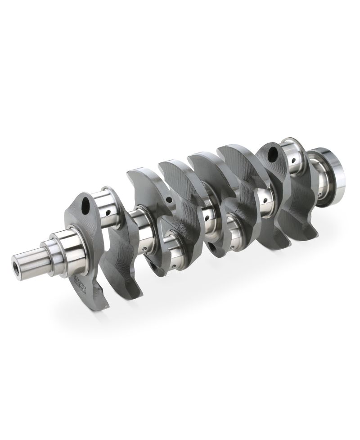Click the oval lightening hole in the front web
tap(85, 205)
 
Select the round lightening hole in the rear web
tap(273, 156)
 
